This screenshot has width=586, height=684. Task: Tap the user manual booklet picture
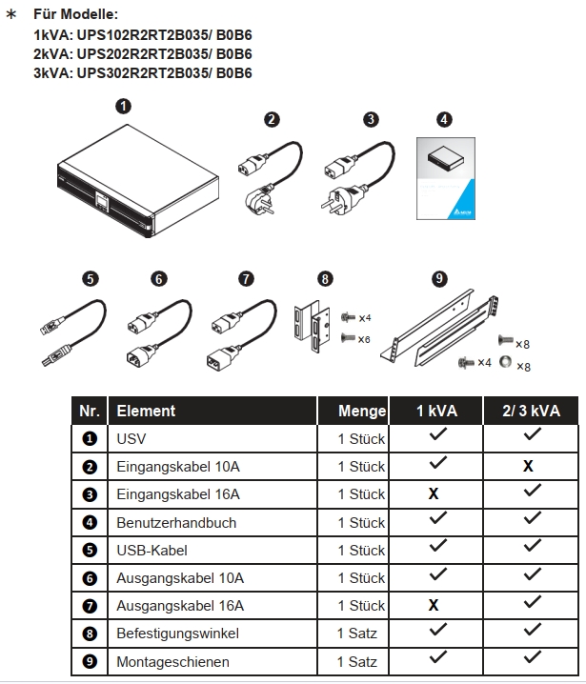445,180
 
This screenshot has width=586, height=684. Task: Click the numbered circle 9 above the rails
439,278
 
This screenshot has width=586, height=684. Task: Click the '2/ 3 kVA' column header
532,412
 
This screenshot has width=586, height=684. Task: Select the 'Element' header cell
146,412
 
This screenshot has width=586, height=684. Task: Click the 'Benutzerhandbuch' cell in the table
176,522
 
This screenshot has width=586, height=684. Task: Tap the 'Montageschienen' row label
172,661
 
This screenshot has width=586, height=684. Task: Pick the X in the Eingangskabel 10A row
527,467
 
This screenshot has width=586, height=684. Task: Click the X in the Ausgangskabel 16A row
434,606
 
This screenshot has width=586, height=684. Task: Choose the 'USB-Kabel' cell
152,550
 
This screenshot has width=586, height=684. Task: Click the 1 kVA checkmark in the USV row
437,437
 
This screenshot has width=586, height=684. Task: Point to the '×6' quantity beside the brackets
363,339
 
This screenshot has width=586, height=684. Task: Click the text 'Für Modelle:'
76,15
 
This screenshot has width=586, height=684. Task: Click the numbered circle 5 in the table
90,550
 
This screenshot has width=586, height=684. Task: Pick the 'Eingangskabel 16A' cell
178,494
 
